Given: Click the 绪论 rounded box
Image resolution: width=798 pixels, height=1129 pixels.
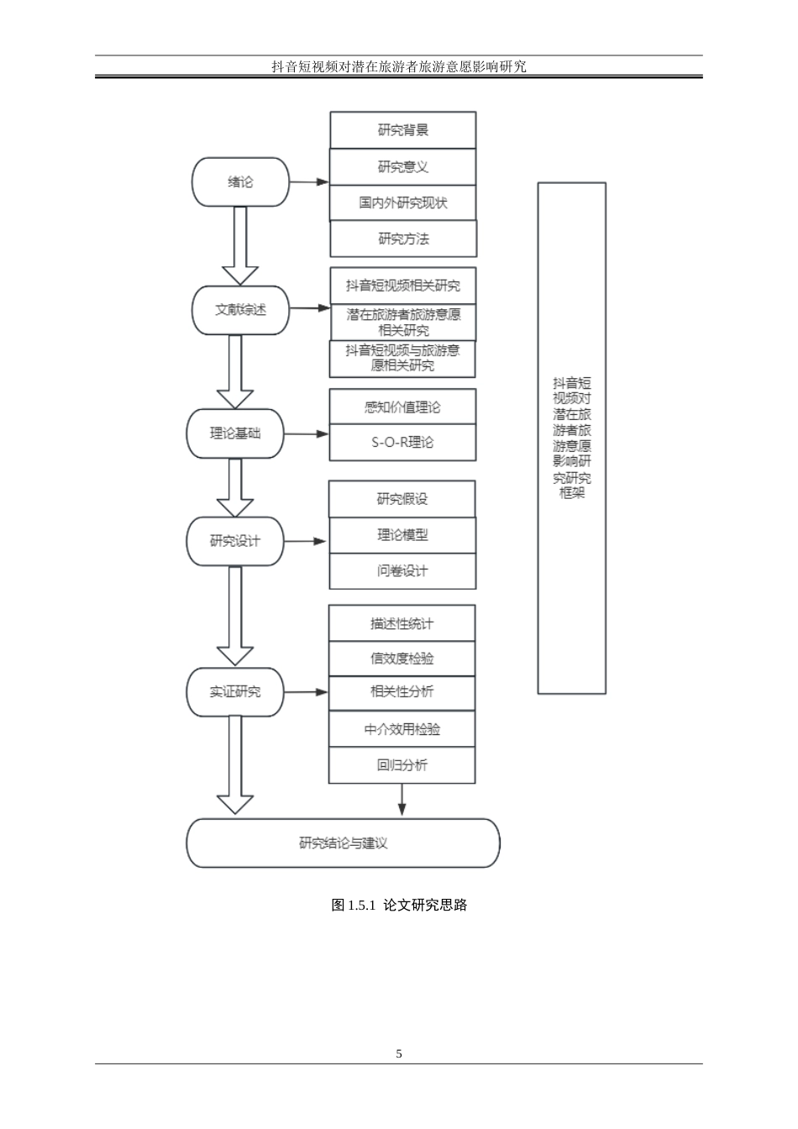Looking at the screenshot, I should pyautogui.click(x=240, y=181).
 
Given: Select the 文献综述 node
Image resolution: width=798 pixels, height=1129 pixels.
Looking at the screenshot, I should pyautogui.click(x=240, y=309).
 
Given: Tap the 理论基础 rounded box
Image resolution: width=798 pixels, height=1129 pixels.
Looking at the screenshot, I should pyautogui.click(x=234, y=433).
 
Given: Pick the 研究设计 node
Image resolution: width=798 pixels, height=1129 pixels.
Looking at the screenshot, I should pyautogui.click(x=234, y=541).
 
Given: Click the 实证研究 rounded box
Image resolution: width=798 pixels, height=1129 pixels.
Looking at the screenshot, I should pyautogui.click(x=234, y=692).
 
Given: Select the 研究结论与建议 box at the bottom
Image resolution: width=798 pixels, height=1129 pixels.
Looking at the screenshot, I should pyautogui.click(x=343, y=843).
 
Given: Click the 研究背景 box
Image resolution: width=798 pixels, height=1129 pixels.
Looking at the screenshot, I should pyautogui.click(x=402, y=130).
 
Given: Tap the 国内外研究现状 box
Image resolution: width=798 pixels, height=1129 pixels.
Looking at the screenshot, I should pyautogui.click(x=402, y=202).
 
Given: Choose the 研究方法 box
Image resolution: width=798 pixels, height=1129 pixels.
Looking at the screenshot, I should pyautogui.click(x=402, y=239).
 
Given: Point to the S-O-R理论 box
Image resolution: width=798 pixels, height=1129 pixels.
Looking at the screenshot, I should pyautogui.click(x=402, y=442).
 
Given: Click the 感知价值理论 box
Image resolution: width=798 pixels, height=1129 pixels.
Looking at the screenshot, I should pyautogui.click(x=402, y=407).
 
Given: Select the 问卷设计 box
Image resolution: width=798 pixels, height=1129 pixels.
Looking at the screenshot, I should pyautogui.click(x=402, y=571).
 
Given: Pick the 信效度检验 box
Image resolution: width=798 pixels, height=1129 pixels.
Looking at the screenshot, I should pyautogui.click(x=402, y=658).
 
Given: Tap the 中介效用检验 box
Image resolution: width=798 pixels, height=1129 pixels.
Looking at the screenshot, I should pyautogui.click(x=402, y=729).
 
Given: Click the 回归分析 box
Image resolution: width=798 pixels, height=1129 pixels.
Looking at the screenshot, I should pyautogui.click(x=402, y=764).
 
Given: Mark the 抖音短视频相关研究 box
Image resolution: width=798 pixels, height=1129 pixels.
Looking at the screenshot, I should pyautogui.click(x=402, y=286).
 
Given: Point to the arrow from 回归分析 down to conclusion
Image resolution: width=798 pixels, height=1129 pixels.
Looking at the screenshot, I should pyautogui.click(x=402, y=799).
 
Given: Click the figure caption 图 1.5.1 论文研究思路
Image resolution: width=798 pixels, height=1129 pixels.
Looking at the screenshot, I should pyautogui.click(x=399, y=905).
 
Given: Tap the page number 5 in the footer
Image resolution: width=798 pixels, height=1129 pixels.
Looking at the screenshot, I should pyautogui.click(x=399, y=1053).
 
